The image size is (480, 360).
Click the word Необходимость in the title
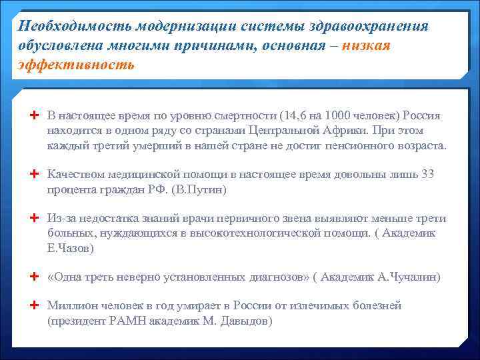click(x=75, y=26)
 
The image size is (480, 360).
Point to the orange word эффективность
click(x=76, y=65)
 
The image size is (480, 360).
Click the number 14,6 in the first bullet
click(x=296, y=115)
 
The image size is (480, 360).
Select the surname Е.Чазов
click(x=71, y=248)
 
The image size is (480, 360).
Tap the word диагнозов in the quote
click(x=273, y=277)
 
